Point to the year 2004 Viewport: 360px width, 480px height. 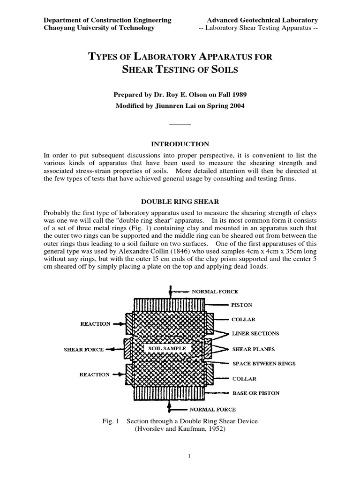(x=236, y=106)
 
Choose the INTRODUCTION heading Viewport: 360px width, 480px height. (x=180, y=144)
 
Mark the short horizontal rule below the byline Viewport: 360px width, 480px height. (x=180, y=123)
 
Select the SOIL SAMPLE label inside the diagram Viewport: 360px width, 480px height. (x=167, y=349)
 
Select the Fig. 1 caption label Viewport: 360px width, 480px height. (x=112, y=421)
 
